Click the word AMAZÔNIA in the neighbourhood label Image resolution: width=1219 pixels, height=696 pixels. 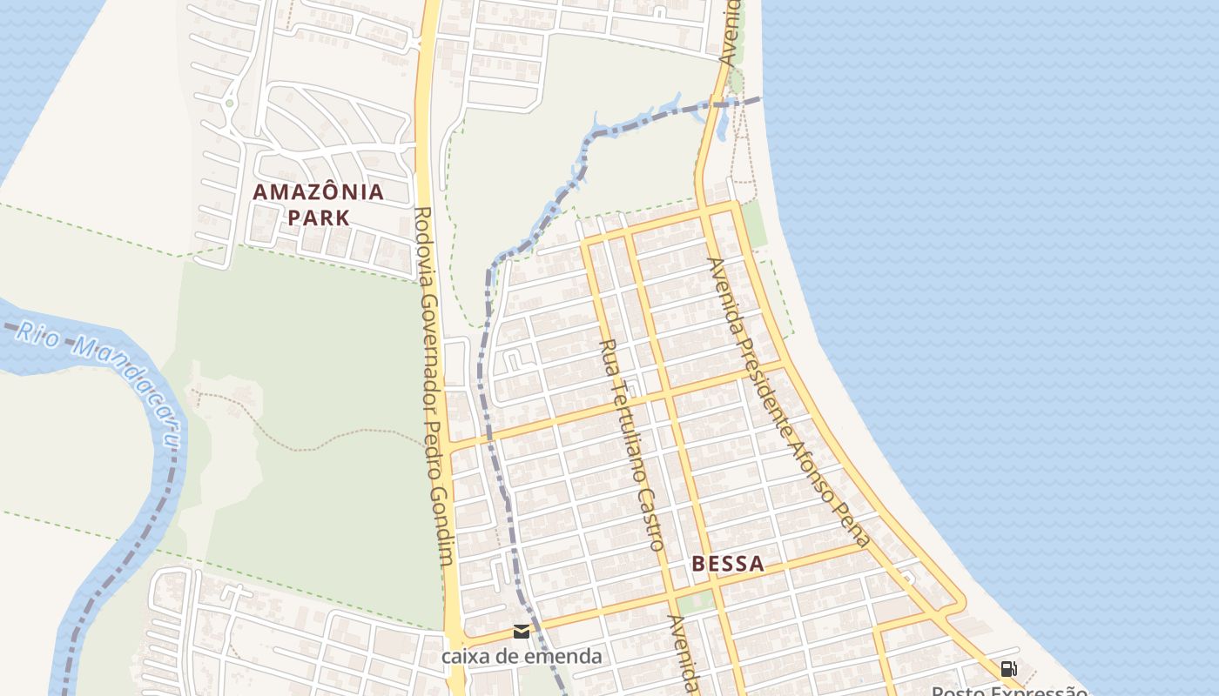pyautogui.click(x=318, y=192)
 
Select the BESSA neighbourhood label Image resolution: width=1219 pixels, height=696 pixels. pyautogui.click(x=728, y=564)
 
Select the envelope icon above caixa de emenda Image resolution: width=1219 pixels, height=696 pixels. pyautogui.click(x=522, y=632)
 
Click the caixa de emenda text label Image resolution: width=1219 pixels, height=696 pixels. pyautogui.click(x=522, y=656)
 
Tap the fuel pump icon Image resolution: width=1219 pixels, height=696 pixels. pyautogui.click(x=1008, y=669)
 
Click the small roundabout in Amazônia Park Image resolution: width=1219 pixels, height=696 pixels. pyautogui.click(x=229, y=104)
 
